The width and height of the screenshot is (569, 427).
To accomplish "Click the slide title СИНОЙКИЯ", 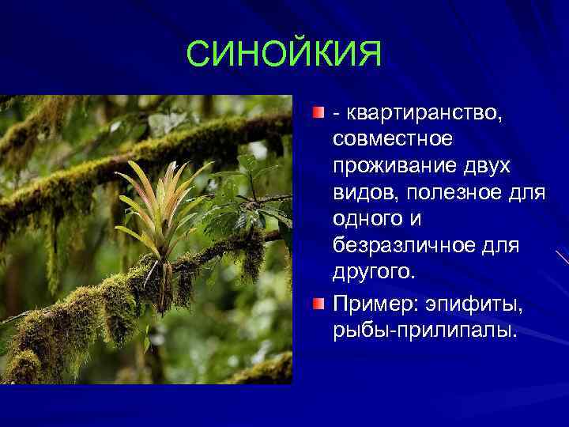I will point(284,55).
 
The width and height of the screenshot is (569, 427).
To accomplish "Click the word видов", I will point(360,193).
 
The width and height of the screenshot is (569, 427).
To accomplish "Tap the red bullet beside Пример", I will point(317,301).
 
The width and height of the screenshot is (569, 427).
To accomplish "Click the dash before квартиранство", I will point(337,115).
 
